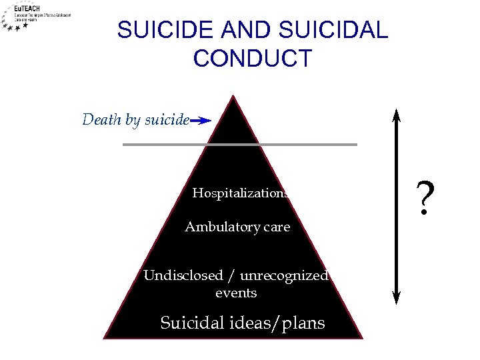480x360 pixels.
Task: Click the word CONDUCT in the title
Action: tap(252, 59)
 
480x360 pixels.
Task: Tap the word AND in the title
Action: tap(238, 30)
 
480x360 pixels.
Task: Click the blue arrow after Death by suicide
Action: tap(201, 121)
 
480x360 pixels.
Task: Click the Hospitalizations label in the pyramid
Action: tap(240, 193)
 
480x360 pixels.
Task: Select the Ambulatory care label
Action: tap(237, 227)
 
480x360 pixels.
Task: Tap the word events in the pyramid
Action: tap(236, 293)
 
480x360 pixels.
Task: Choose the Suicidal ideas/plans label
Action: tap(243, 323)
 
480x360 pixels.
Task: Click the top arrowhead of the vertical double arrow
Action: tap(397, 115)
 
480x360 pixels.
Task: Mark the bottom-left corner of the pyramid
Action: tap(104, 337)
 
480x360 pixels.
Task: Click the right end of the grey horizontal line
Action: tap(356, 144)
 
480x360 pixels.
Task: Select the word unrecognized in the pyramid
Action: tap(294, 275)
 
